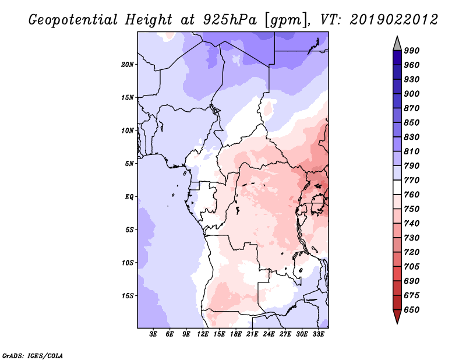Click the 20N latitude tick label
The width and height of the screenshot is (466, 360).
(x=128, y=64)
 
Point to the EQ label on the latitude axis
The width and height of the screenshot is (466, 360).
(x=129, y=197)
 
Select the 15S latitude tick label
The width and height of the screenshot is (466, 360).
(x=128, y=296)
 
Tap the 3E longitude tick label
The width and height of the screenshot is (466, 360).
(x=154, y=335)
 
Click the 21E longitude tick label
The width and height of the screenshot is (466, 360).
(x=253, y=335)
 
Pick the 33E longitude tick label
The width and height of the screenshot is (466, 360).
(x=319, y=335)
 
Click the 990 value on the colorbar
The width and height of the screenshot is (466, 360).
(x=412, y=51)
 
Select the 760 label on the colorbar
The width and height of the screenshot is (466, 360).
(x=412, y=195)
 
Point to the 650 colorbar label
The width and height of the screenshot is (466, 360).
(x=412, y=310)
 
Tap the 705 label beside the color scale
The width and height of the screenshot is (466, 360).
(x=412, y=267)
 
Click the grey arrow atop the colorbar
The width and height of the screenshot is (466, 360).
(x=397, y=43)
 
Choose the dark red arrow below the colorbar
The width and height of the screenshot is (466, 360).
(x=397, y=317)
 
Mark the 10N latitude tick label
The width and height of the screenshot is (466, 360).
(x=128, y=130)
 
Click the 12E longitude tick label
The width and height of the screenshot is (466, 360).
(x=203, y=335)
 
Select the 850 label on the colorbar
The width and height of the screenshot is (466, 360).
(x=412, y=123)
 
